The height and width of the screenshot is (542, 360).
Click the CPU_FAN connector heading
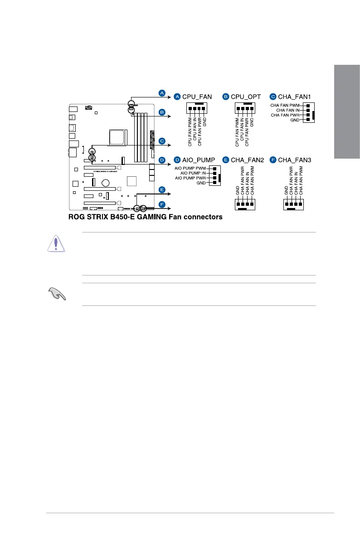[x=197, y=97]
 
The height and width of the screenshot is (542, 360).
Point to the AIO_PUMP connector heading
[x=198, y=160]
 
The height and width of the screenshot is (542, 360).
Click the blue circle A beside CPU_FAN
[x=178, y=97]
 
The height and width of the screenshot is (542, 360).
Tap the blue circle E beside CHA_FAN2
[x=226, y=160]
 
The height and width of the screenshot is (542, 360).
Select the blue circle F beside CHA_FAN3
[x=273, y=160]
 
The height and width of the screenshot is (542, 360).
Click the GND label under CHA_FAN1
[x=295, y=121]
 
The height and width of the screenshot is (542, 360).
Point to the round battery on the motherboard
[x=106, y=183]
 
